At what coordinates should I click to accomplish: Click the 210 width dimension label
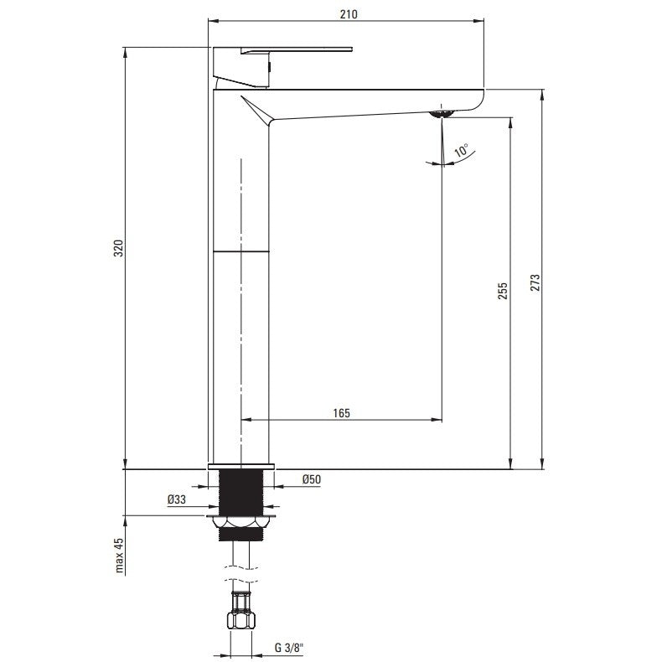[349, 14]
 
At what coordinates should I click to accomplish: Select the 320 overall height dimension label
[119, 248]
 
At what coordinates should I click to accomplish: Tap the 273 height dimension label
[535, 282]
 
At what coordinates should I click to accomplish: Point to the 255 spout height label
[503, 292]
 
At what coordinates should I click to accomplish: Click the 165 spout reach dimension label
[341, 413]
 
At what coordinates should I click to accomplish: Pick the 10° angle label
[461, 150]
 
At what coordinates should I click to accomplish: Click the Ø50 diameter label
[312, 479]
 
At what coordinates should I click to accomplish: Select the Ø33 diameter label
[177, 499]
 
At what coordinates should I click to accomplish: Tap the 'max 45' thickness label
[119, 556]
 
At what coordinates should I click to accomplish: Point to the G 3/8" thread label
[289, 648]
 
